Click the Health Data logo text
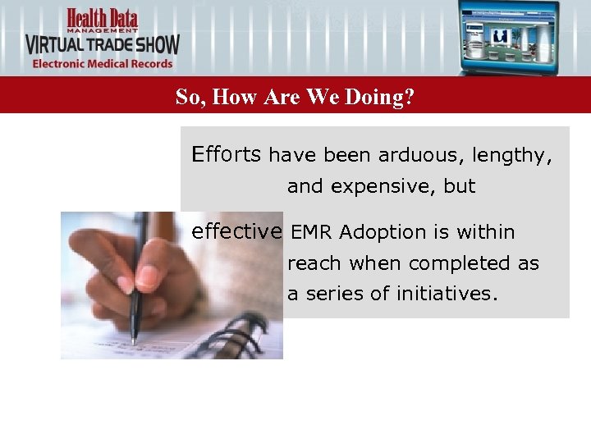click(x=103, y=17)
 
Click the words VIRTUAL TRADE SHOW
click(x=102, y=44)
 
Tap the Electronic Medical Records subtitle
click(x=103, y=64)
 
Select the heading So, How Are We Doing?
click(x=295, y=98)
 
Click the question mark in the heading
click(x=409, y=98)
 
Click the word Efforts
click(x=227, y=154)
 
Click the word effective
click(x=236, y=231)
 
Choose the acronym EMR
click(x=312, y=233)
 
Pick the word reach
click(x=315, y=264)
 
